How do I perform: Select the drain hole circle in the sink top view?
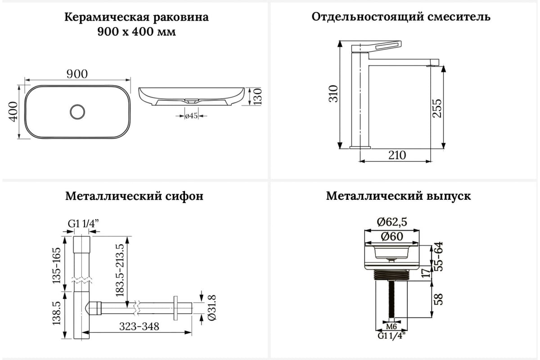(78, 111)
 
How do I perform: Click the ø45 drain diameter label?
(192, 116)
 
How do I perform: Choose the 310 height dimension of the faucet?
(333, 94)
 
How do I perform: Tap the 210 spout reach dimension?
(396, 155)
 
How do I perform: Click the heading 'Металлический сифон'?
(134, 196)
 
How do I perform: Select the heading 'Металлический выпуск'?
(399, 196)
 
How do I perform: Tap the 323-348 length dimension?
(138, 327)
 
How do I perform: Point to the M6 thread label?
(391, 326)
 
